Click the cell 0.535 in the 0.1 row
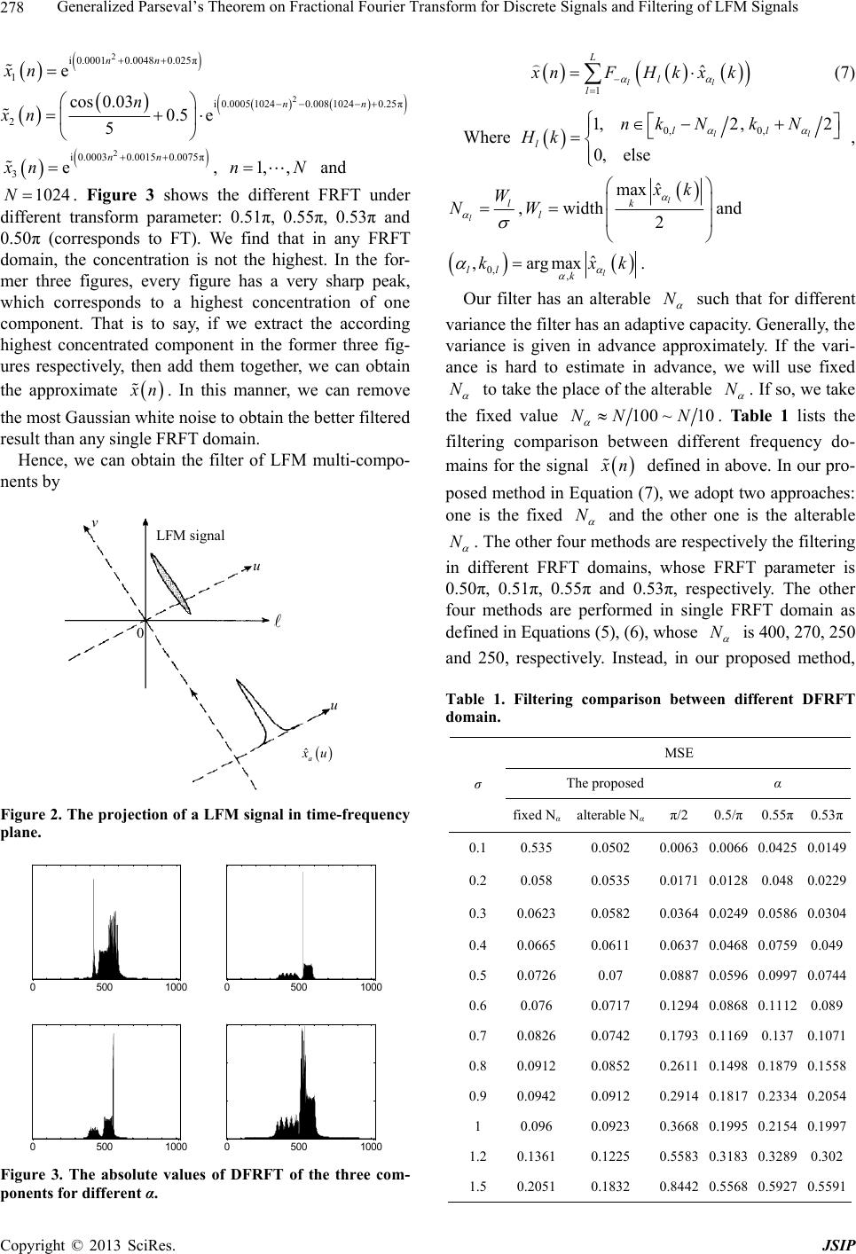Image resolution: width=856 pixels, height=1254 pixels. point(533,848)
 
